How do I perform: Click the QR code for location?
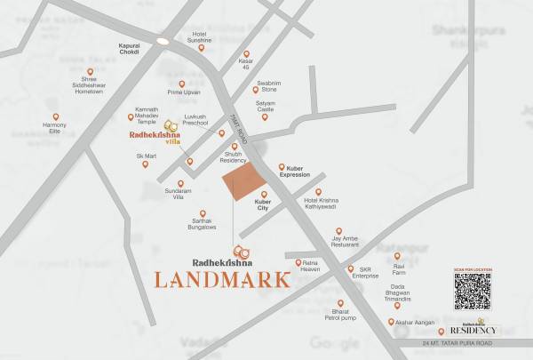[472, 291]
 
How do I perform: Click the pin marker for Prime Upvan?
[181, 84]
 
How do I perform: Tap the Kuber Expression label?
[295, 172]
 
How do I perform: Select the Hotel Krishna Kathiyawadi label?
[322, 204]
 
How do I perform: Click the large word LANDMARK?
[222, 279]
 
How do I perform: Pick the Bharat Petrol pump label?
[340, 316]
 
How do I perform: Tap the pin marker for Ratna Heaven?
[298, 263]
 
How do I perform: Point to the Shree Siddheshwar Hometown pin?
[90, 72]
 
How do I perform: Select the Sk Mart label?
[146, 156]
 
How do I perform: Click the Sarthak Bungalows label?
[202, 224]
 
